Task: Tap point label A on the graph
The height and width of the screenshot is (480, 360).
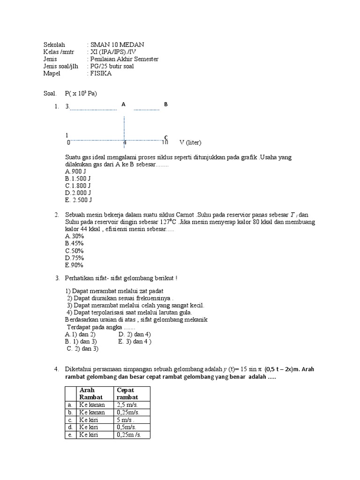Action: [x=123, y=105]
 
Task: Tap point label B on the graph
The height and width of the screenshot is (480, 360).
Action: [x=165, y=105]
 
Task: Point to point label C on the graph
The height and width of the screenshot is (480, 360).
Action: [x=165, y=137]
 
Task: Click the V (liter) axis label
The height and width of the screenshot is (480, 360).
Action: [x=190, y=142]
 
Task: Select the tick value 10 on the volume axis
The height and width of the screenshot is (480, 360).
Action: [x=165, y=142]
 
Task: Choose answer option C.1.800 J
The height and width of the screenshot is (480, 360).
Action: [x=78, y=186]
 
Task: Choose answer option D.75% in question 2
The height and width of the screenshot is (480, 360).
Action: [x=75, y=258]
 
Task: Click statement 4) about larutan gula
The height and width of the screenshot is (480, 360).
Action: [x=129, y=312]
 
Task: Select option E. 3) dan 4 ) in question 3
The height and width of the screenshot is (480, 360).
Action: [x=135, y=342]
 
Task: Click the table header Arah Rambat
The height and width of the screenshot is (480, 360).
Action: [x=90, y=394]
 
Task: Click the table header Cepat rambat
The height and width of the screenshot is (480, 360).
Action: [x=127, y=394]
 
